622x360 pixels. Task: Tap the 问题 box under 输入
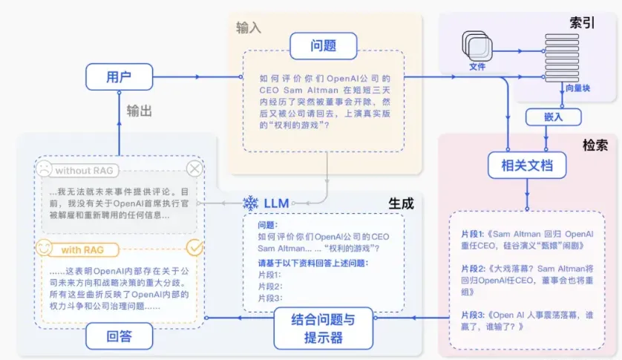click(x=324, y=45)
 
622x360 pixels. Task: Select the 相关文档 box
click(x=527, y=165)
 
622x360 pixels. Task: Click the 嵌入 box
click(x=548, y=117)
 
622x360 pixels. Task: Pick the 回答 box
click(x=119, y=336)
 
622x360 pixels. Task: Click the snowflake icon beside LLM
click(x=251, y=203)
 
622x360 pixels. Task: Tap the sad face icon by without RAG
click(x=44, y=169)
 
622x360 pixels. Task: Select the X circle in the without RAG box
click(x=194, y=169)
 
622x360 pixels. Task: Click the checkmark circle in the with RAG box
click(x=194, y=246)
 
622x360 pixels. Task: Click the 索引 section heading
click(x=583, y=22)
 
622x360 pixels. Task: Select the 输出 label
click(x=139, y=111)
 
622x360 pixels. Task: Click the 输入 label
click(x=249, y=27)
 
